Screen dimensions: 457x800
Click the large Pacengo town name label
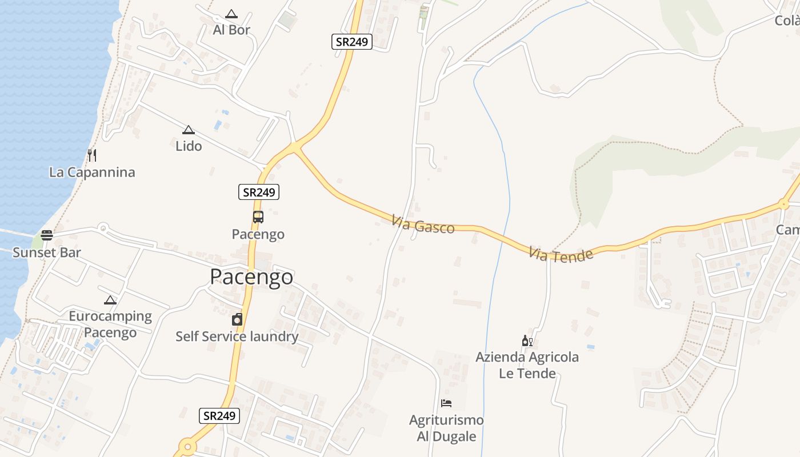pos(251,277)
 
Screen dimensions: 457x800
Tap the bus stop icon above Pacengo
pos(258,217)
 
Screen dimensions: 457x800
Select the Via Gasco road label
pos(423,224)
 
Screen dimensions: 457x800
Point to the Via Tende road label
pos(561,255)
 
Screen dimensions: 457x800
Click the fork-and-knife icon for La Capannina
pos(92,155)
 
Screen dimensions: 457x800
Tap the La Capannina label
pos(92,172)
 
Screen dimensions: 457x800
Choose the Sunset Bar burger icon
pos(47,235)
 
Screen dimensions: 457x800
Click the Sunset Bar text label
pos(47,252)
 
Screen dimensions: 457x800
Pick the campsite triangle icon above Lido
pos(189,130)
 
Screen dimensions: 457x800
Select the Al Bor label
pos(231,30)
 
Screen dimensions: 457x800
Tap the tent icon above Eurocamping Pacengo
pos(110,300)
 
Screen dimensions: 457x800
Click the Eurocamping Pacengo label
pos(110,324)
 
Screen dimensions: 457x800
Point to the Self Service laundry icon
pos(237,319)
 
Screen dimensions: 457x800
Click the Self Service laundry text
pos(237,336)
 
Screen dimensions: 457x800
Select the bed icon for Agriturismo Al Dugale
pos(446,403)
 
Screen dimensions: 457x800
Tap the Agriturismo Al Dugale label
pos(446,428)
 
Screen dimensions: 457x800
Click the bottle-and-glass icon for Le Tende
pos(527,341)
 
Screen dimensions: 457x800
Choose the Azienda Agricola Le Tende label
pos(527,365)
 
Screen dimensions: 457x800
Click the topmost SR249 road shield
pos(352,42)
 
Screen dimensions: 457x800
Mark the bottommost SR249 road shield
pos(220,415)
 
